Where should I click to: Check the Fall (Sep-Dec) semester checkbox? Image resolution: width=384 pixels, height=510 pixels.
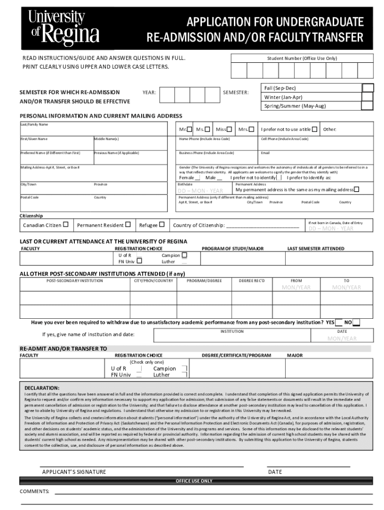[x=368, y=88]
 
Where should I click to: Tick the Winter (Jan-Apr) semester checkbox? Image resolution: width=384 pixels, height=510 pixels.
[x=368, y=97]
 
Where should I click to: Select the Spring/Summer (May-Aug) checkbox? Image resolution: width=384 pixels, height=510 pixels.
[x=368, y=106]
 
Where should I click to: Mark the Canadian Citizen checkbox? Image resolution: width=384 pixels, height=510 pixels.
[x=65, y=225]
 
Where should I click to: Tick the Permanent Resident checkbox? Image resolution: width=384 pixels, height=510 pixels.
[x=128, y=225]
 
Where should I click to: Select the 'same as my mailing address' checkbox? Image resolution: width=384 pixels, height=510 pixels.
[x=356, y=190]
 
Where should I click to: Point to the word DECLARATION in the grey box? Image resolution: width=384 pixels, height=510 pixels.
[x=42, y=387]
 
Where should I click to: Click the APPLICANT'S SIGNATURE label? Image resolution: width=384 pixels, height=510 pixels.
[x=74, y=472]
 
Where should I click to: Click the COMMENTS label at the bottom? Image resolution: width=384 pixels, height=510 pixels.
[x=34, y=492]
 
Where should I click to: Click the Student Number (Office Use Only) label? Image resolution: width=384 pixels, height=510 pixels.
[x=302, y=58]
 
